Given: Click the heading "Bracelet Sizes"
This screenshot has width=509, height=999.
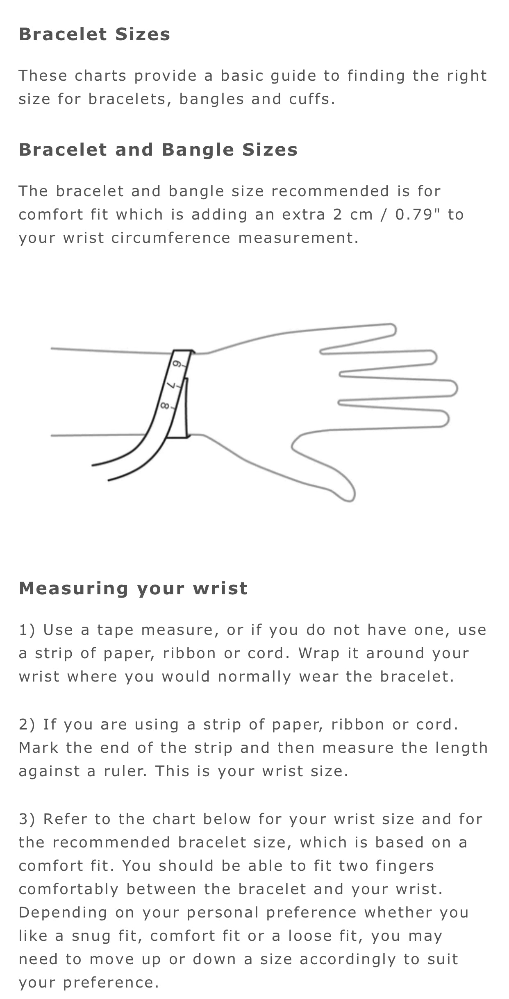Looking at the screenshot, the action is click(94, 34).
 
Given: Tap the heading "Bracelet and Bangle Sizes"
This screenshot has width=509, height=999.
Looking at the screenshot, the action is click(158, 150).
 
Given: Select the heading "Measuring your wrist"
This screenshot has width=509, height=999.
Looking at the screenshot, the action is click(133, 589).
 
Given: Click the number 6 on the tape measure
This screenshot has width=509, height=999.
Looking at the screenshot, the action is click(177, 364).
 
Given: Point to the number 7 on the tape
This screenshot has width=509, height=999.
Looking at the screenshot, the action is click(171, 385).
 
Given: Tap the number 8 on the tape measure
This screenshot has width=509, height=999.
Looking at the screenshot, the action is click(165, 406).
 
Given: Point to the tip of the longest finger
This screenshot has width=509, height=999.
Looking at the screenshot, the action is click(457, 388).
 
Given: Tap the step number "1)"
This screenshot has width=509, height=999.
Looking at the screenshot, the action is click(27, 630).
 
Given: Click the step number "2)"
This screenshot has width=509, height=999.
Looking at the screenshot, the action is click(27, 725).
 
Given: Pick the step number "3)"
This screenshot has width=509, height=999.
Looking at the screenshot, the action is click(27, 820).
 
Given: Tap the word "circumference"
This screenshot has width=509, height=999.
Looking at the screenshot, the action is click(171, 238).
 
